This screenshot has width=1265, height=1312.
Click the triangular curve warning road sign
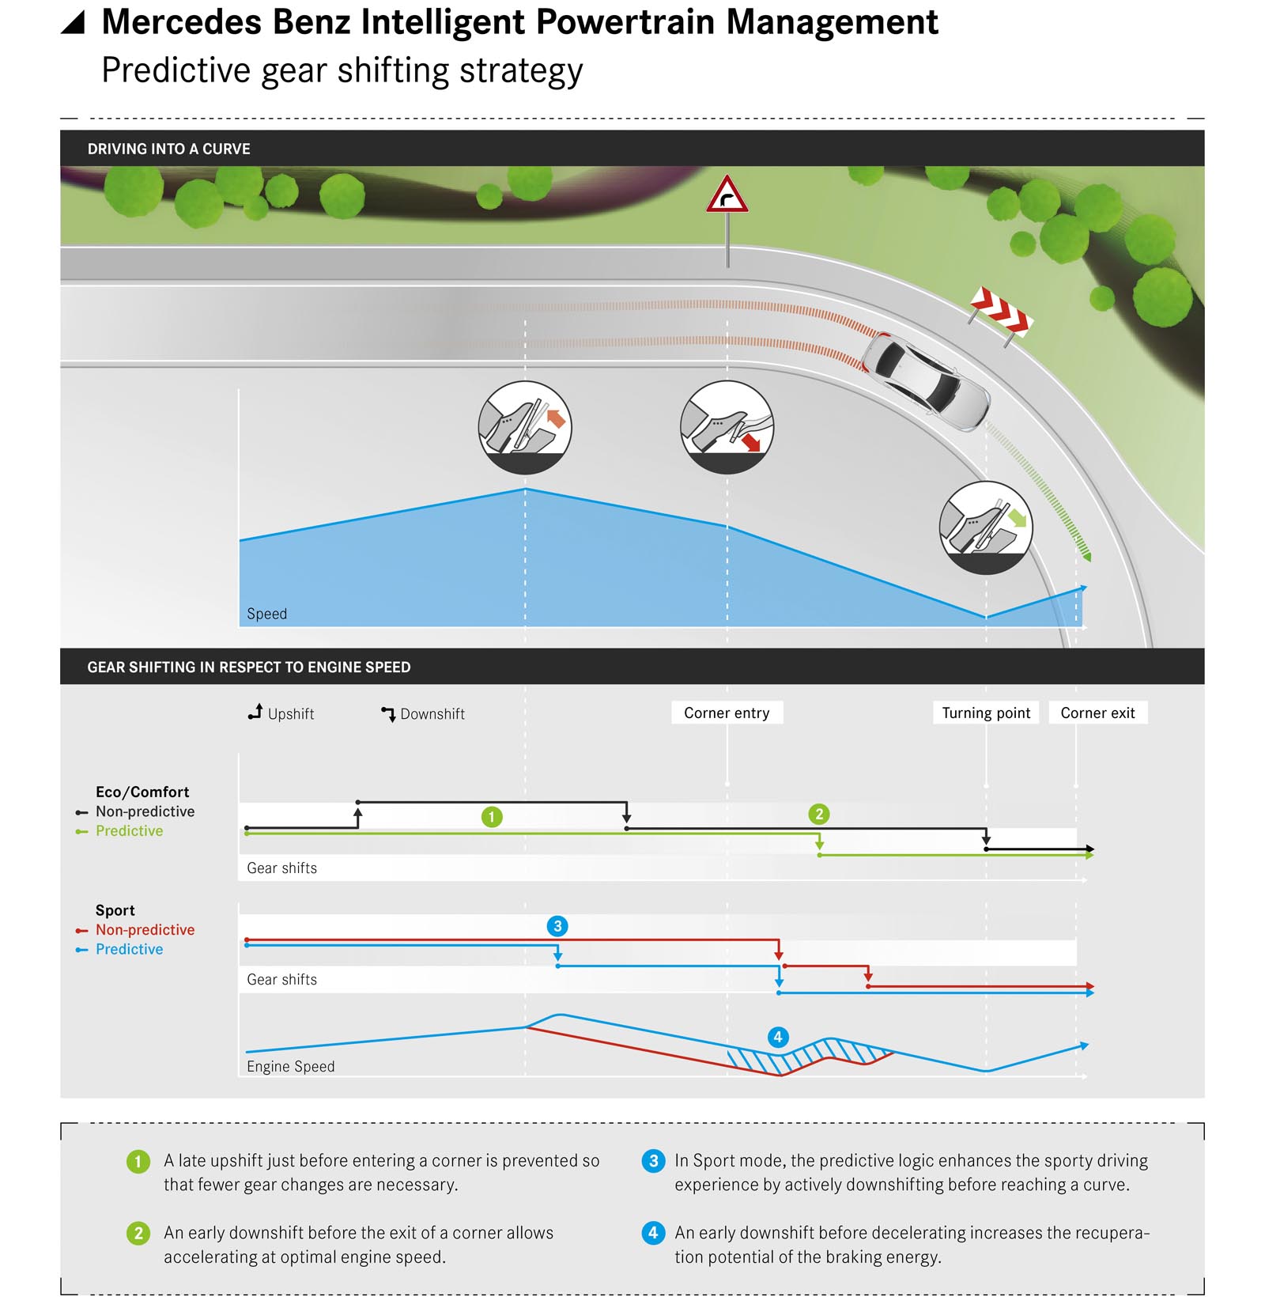tap(727, 196)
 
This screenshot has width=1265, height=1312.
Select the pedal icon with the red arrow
tap(727, 427)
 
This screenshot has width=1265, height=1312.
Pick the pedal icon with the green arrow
tap(986, 527)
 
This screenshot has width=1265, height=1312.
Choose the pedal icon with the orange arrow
tap(525, 427)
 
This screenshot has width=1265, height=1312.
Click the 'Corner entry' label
tap(727, 713)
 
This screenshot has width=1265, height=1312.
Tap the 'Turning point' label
tap(986, 713)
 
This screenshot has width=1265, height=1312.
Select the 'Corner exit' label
tap(1097, 713)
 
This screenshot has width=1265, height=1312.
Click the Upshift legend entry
tap(281, 713)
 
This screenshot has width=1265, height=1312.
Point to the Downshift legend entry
tap(424, 713)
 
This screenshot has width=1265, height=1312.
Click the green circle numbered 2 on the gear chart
tap(819, 814)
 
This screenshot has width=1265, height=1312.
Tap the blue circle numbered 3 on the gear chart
tap(557, 926)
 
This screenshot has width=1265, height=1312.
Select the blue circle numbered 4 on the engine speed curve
tap(778, 1037)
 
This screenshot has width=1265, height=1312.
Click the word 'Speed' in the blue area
tap(267, 614)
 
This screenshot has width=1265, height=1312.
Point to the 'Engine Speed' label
tap(290, 1066)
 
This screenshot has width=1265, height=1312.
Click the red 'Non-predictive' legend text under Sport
tap(145, 930)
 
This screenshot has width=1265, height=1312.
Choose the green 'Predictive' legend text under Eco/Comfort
tap(129, 831)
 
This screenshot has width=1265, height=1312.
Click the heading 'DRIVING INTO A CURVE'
tap(168, 149)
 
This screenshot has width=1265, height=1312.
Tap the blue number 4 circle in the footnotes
tap(653, 1232)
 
